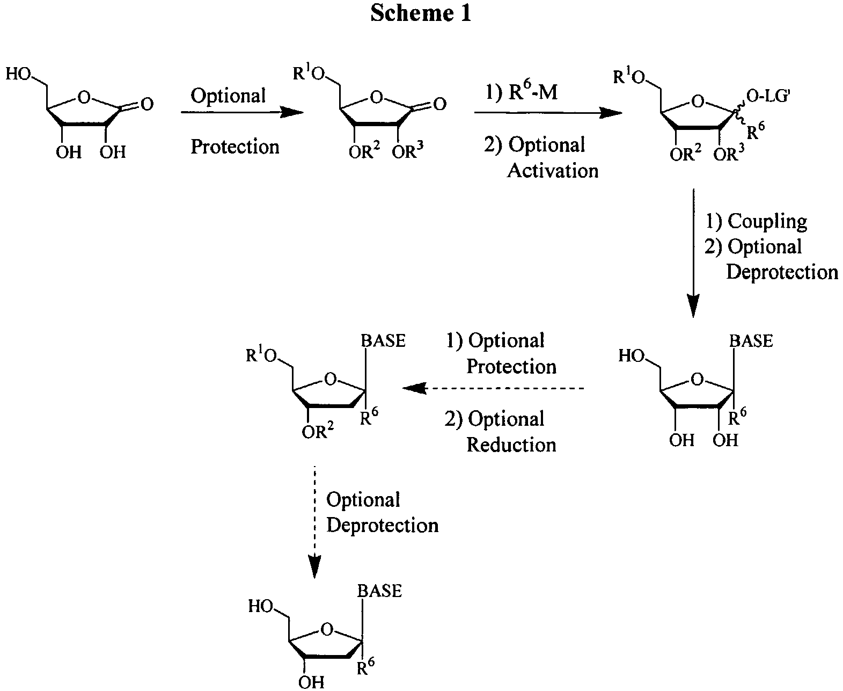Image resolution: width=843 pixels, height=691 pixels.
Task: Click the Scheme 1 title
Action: (x=421, y=13)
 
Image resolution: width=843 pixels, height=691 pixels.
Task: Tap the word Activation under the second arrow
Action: (x=553, y=171)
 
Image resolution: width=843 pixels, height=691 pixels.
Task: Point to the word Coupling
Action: (x=767, y=221)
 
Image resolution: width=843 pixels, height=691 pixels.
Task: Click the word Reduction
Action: (x=511, y=445)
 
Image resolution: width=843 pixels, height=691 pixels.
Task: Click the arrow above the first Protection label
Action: (x=242, y=112)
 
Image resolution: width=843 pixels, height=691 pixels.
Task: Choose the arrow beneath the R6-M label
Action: (x=547, y=113)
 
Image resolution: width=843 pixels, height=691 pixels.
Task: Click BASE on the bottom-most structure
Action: (x=379, y=591)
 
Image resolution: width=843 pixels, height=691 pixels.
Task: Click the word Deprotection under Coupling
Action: (x=782, y=272)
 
